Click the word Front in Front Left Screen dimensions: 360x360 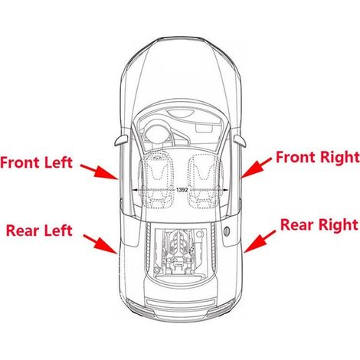(21, 162)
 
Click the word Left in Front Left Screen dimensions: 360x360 (58, 162)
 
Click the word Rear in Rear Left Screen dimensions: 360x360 (23, 231)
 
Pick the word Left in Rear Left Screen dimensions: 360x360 (58, 230)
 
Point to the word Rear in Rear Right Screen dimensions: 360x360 (297, 225)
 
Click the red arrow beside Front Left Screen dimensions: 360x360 (100, 172)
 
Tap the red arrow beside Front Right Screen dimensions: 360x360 (257, 168)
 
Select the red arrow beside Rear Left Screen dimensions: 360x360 (100, 244)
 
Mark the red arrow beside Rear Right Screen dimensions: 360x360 (260, 241)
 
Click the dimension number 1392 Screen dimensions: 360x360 (182, 190)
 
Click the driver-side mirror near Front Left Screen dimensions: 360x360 (121, 140)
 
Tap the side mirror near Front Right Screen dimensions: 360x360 (240, 141)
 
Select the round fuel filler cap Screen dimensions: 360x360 (227, 231)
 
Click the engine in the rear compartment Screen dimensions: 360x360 (181, 252)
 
